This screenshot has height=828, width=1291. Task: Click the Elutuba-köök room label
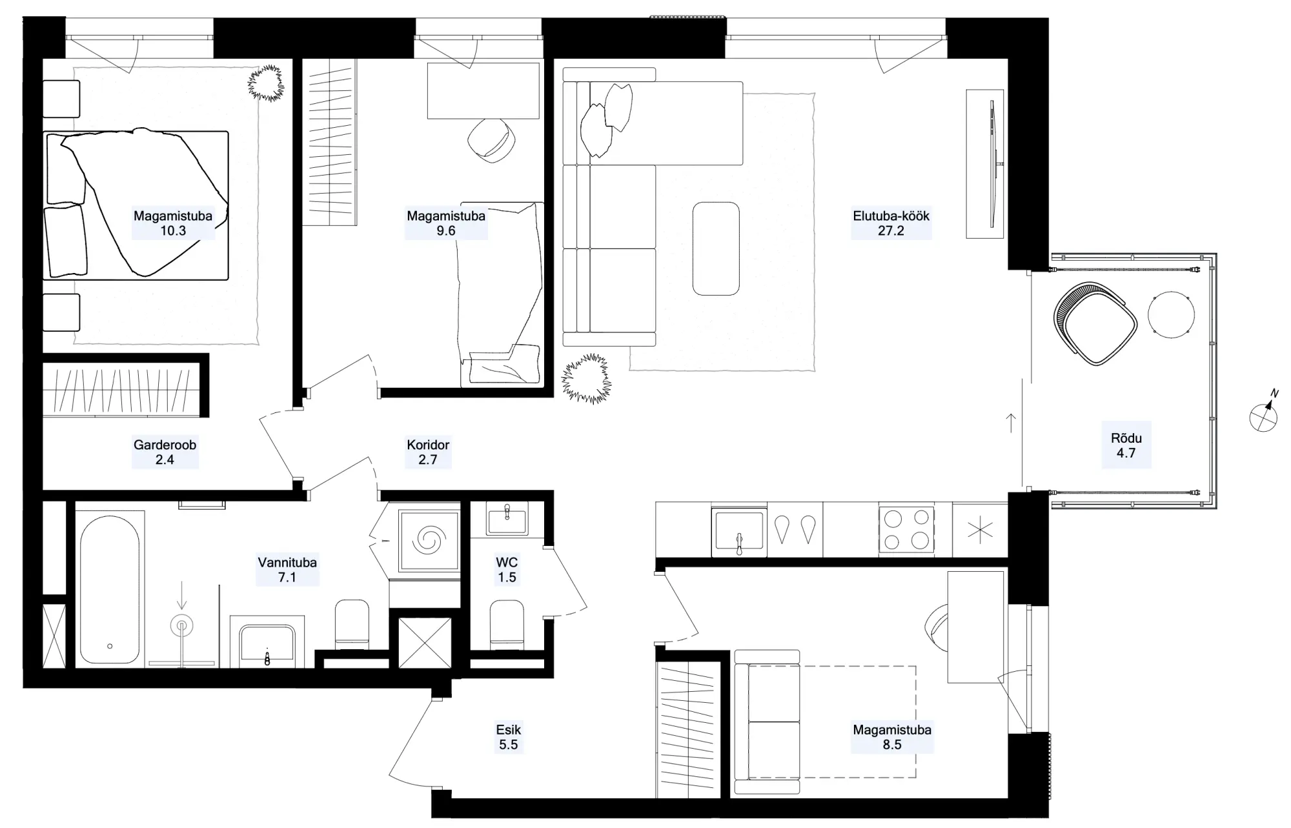click(x=891, y=216)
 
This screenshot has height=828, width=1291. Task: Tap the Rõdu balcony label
click(x=1126, y=438)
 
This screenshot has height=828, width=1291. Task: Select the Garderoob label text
click(x=165, y=445)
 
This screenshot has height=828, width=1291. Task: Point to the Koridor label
click(x=428, y=445)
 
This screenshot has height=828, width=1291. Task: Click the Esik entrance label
click(x=509, y=730)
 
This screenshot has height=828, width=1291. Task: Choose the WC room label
click(x=507, y=562)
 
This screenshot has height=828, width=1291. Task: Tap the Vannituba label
click(x=287, y=562)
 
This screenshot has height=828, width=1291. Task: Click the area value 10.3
click(x=173, y=231)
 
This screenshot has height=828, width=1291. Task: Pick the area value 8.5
click(x=892, y=745)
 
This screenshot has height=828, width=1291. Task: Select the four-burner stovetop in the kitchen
click(x=906, y=530)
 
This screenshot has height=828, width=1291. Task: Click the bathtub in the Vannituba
click(x=110, y=590)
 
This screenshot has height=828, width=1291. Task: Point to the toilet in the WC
click(x=507, y=624)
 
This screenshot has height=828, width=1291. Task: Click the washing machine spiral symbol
click(x=429, y=540)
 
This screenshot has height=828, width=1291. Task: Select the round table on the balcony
click(x=1171, y=315)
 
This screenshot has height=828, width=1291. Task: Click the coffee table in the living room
click(x=716, y=248)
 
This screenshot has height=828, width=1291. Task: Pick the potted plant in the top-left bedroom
click(x=266, y=83)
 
